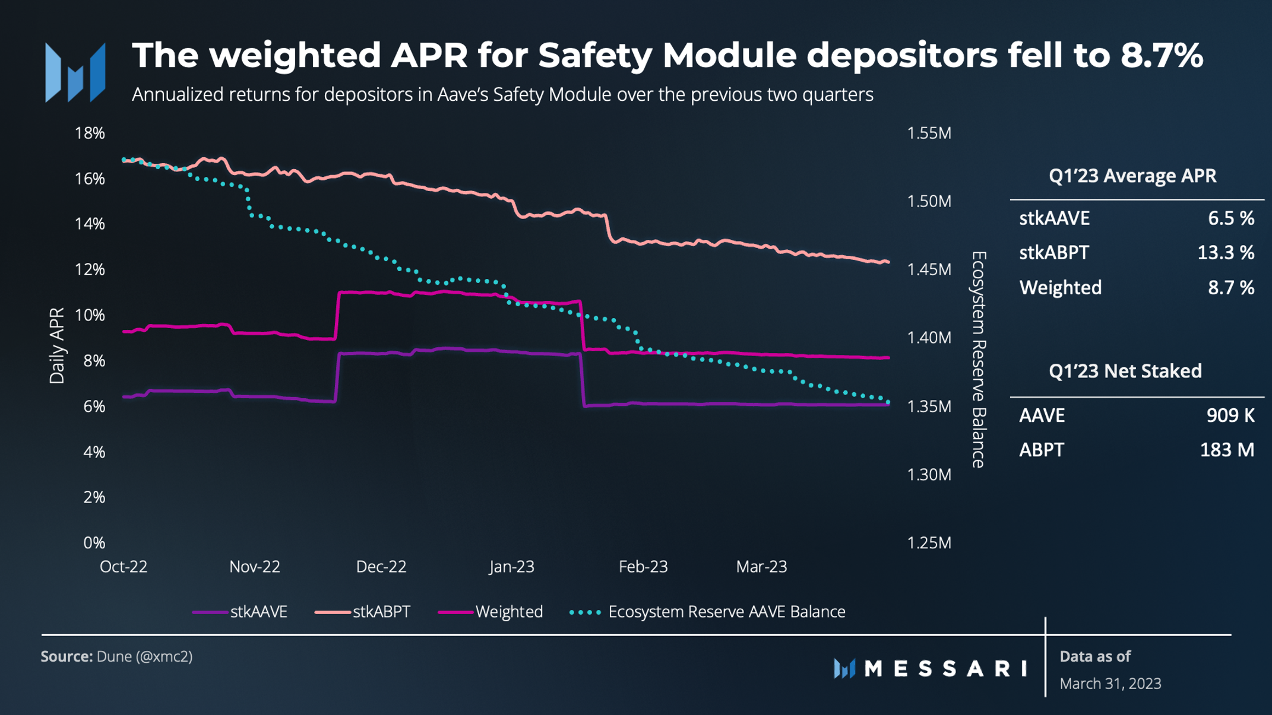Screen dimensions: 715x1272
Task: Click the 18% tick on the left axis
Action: point(90,133)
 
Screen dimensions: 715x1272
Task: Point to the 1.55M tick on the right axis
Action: point(929,133)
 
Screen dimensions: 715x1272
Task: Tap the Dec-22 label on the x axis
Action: point(381,567)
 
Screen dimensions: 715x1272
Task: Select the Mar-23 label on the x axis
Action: point(761,567)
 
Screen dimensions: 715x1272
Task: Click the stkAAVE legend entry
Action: point(241,612)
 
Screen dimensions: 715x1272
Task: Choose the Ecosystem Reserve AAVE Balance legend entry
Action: point(707,612)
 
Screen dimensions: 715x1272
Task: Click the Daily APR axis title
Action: point(57,345)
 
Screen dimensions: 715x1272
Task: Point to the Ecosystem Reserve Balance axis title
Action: point(979,359)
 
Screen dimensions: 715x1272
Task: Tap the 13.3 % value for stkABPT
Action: point(1225,253)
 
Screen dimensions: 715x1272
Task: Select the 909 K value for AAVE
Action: point(1230,415)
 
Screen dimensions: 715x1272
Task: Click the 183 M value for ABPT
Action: point(1227,450)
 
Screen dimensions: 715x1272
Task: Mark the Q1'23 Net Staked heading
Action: point(1125,371)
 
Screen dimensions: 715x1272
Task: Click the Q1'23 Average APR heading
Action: point(1132,176)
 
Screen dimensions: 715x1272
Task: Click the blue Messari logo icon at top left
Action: point(75,72)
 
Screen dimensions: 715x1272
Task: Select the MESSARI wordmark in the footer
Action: point(945,669)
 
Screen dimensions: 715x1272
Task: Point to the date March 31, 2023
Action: point(1110,684)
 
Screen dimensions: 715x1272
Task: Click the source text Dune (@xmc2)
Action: point(144,656)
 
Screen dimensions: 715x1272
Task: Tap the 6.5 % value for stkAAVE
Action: point(1230,218)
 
